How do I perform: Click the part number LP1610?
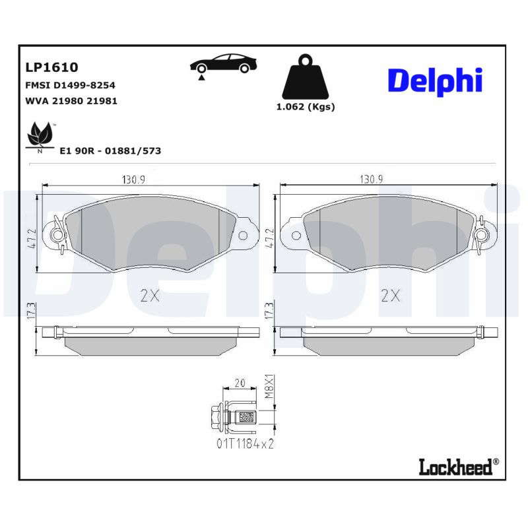[51, 67]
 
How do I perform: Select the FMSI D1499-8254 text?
[70, 85]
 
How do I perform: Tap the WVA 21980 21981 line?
[71, 101]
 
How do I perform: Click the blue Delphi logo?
[435, 81]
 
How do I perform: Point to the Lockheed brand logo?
[459, 467]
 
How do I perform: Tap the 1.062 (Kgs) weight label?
[306, 107]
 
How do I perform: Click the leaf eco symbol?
[40, 137]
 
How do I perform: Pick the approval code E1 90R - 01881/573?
[110, 150]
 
